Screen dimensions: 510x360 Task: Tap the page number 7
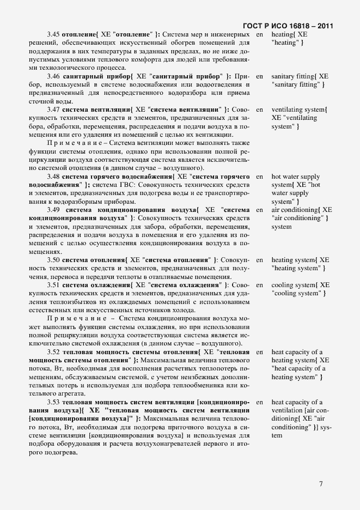coord(321,483)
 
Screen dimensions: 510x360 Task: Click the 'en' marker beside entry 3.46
coord(259,76)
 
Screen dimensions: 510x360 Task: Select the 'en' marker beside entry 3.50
coord(259,260)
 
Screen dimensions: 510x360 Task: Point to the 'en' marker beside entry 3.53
coord(259,402)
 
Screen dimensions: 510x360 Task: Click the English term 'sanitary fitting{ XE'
coord(300,76)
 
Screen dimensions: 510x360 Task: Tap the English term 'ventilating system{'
coord(299,110)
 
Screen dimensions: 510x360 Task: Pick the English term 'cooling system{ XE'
coord(300,285)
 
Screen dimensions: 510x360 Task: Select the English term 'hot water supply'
coord(296,177)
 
